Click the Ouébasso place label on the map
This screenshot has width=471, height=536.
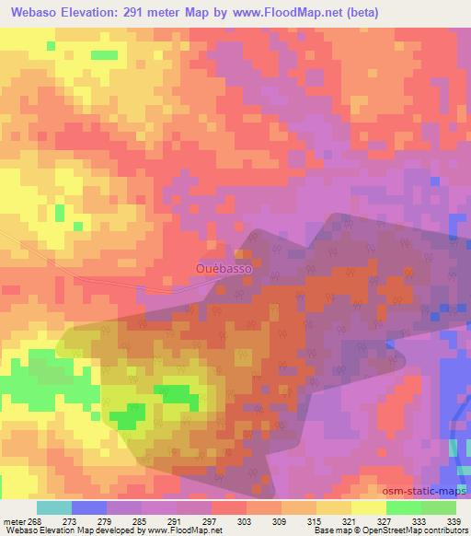click(224, 268)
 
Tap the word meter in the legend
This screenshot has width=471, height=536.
click(14, 520)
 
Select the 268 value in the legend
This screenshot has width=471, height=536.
click(36, 520)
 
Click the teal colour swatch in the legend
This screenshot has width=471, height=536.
click(53, 507)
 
